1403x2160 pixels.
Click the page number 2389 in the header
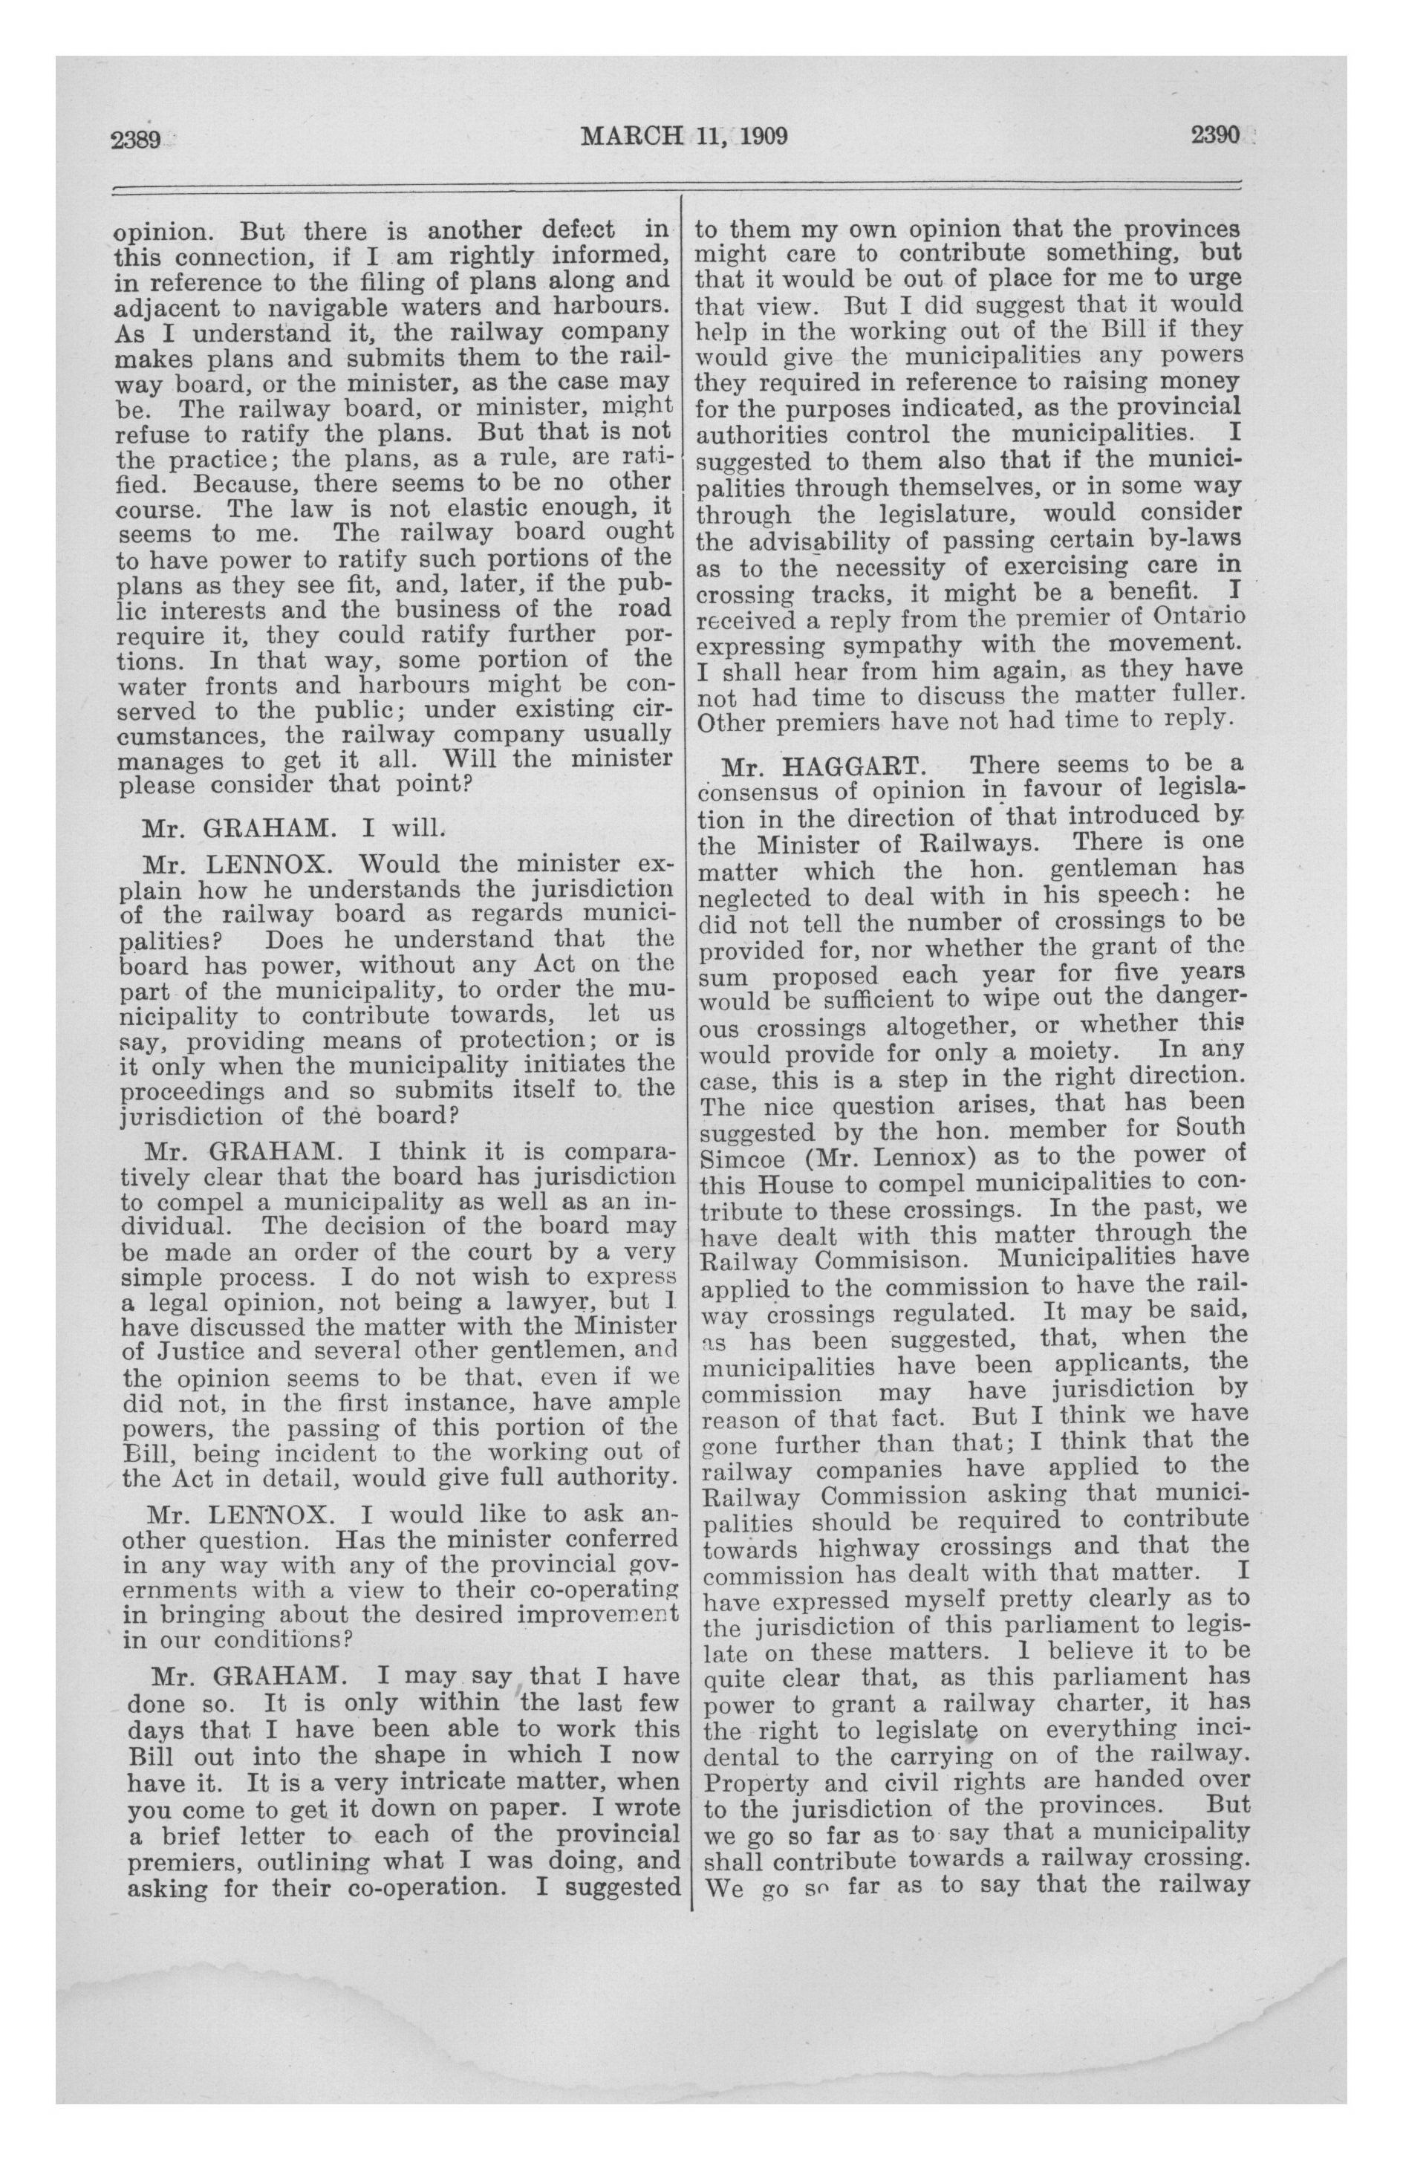(x=135, y=139)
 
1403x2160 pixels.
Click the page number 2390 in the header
(x=1214, y=135)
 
